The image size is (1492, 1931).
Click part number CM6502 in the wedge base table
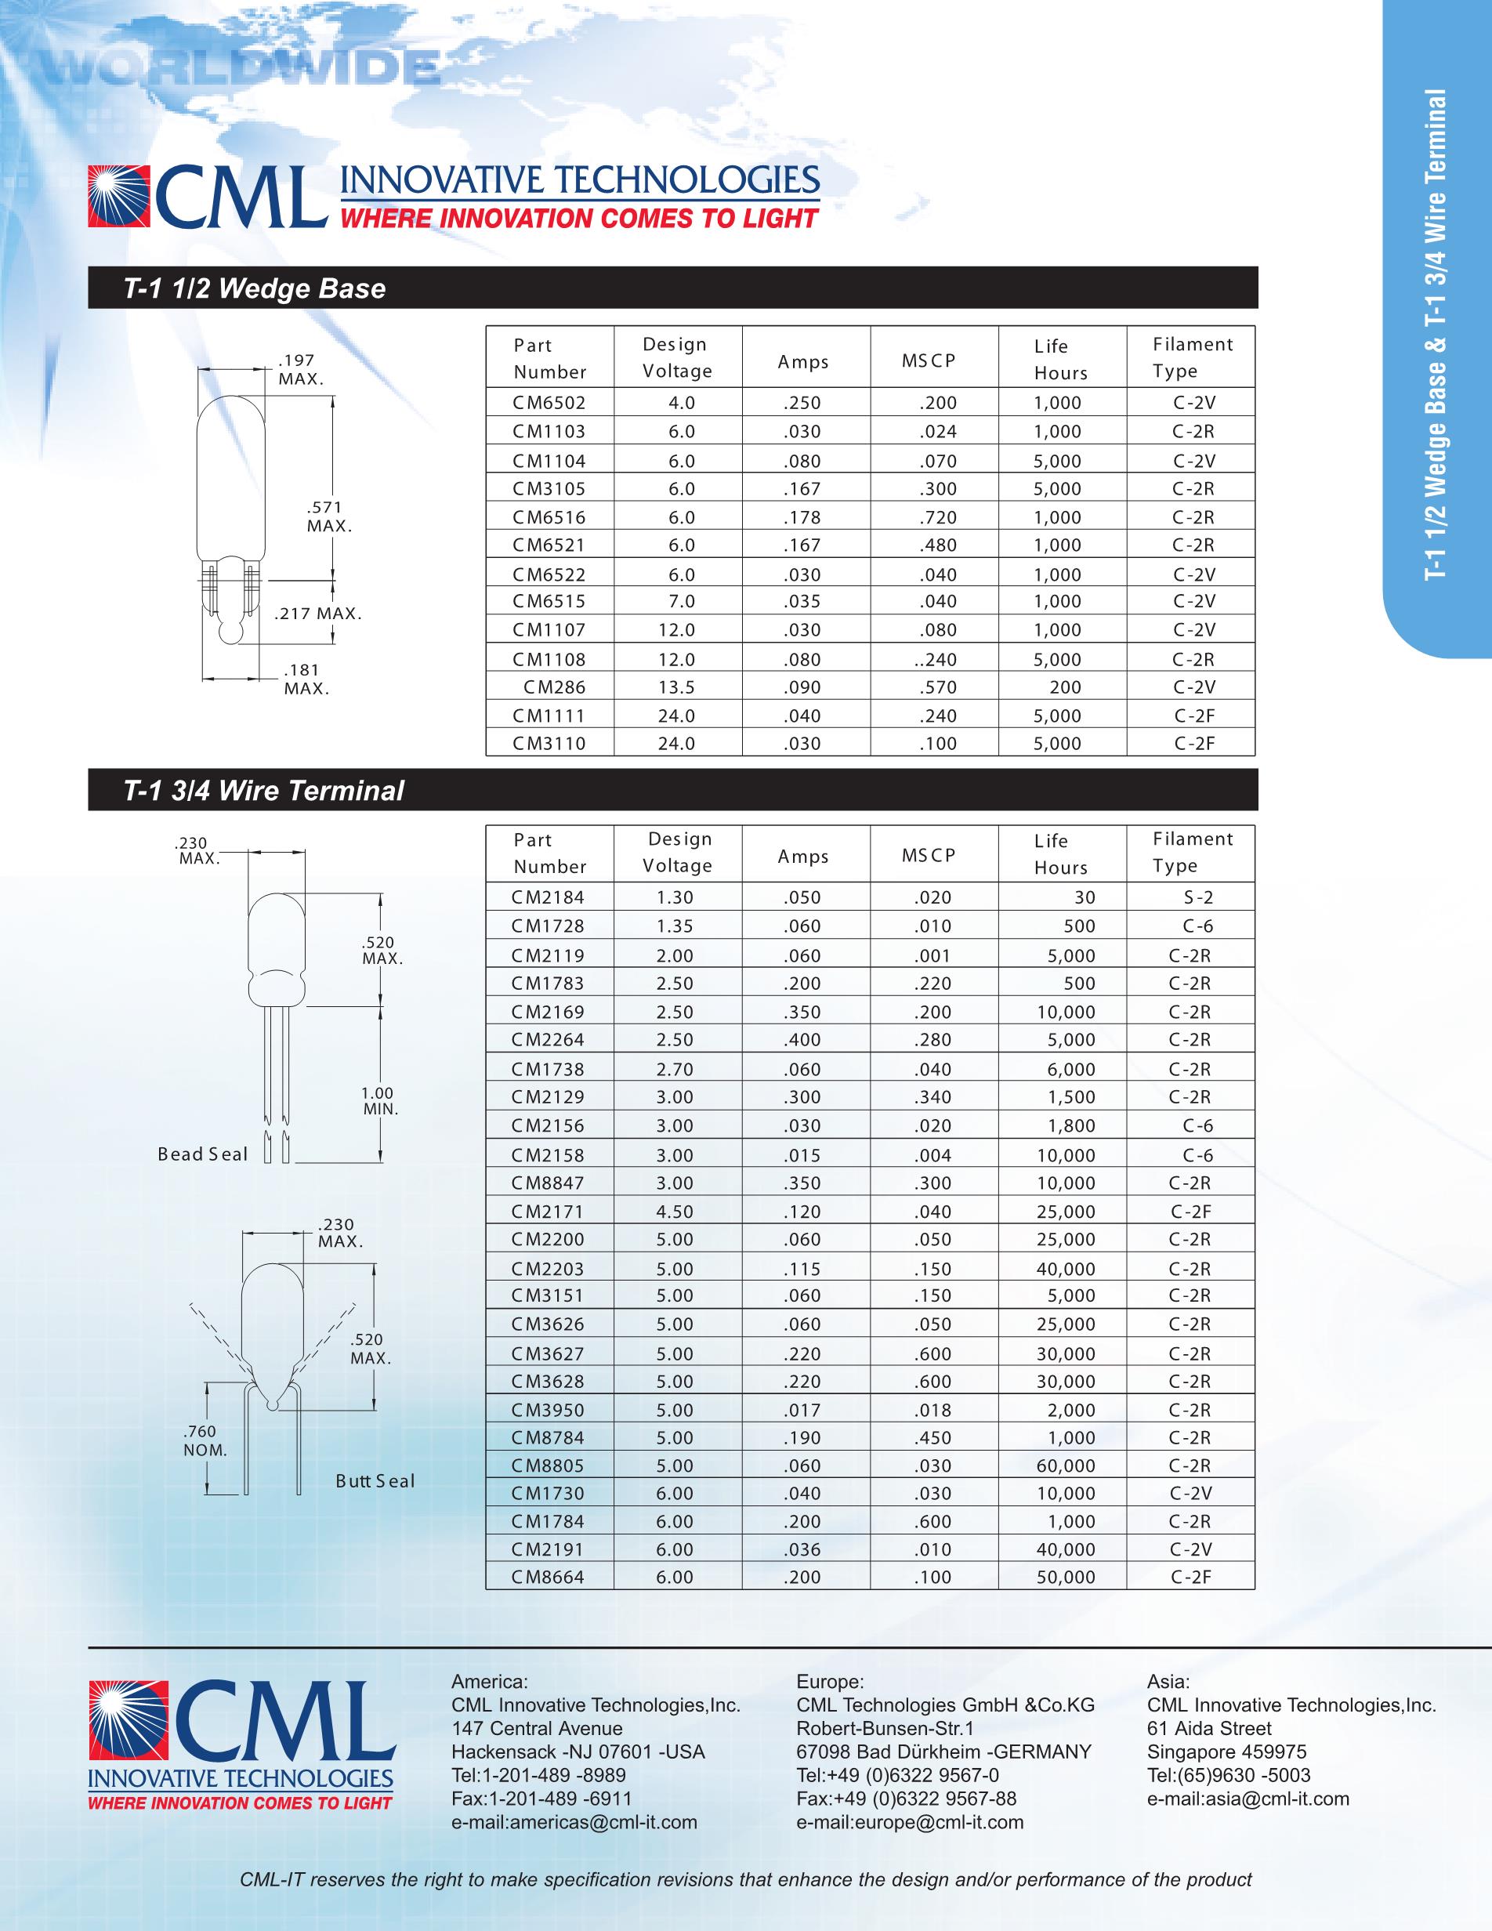(549, 403)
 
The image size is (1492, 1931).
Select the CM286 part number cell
(554, 687)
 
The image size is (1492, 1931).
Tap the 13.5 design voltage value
(676, 687)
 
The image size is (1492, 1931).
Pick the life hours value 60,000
(1065, 1465)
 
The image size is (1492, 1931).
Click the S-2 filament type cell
(1197, 897)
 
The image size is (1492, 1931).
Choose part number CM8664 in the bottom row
(548, 1577)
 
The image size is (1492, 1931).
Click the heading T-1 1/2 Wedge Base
(255, 288)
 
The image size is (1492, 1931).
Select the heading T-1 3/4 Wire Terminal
(263, 791)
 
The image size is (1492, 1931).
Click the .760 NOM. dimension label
(205, 1440)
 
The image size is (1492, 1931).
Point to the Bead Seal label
(202, 1154)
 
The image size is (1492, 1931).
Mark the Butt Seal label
(375, 1481)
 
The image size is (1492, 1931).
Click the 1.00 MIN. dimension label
(379, 1101)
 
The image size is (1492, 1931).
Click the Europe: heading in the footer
(830, 1681)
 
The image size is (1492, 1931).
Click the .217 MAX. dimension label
(317, 614)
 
